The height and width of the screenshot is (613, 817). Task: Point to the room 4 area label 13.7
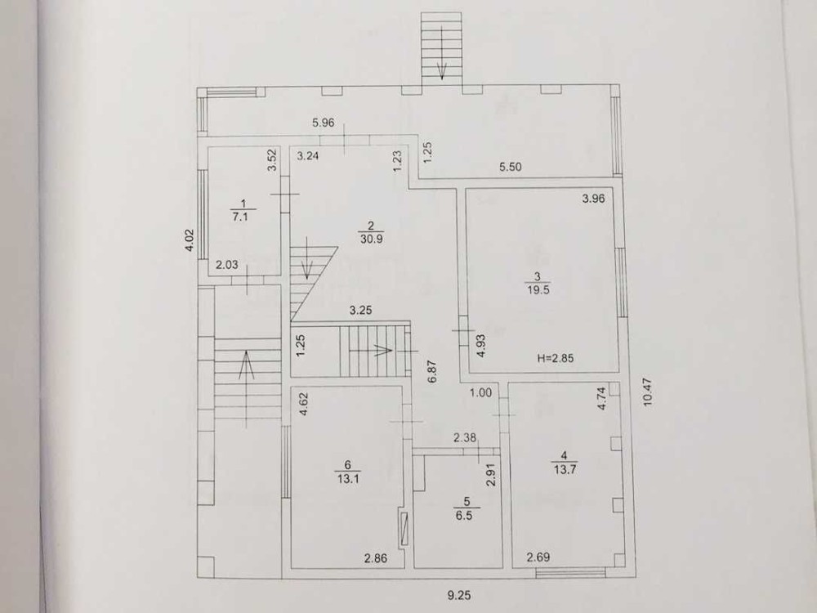(x=563, y=468)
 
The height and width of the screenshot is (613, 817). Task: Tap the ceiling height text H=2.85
(x=558, y=358)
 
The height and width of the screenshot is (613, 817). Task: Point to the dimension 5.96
(x=324, y=124)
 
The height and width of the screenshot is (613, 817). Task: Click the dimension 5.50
(x=511, y=167)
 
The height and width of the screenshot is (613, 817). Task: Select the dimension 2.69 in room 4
(x=538, y=557)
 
